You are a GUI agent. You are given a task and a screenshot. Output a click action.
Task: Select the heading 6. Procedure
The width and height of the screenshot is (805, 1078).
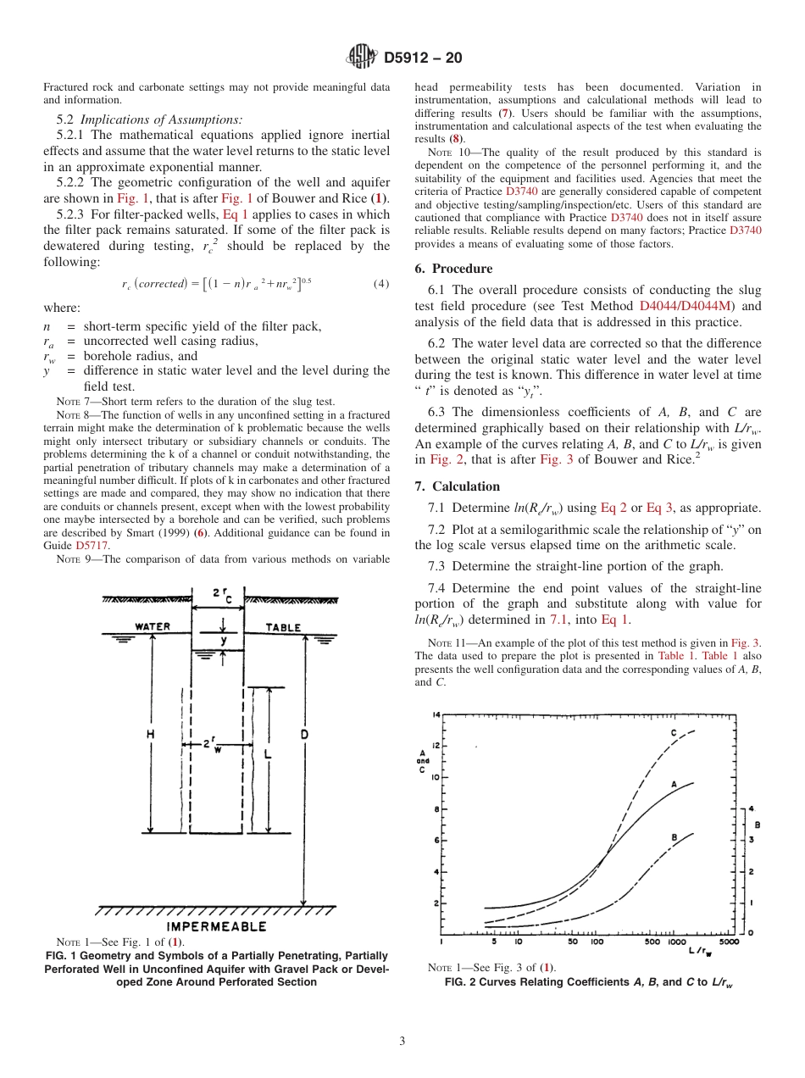pyautogui.click(x=453, y=269)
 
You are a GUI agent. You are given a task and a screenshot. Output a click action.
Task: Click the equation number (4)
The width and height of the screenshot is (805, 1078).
pyautogui.click(x=381, y=283)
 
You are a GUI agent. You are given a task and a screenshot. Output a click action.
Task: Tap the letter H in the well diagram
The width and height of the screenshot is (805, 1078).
pyautogui.click(x=151, y=735)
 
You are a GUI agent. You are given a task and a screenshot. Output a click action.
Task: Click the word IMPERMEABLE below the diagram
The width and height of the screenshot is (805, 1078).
pyautogui.click(x=216, y=926)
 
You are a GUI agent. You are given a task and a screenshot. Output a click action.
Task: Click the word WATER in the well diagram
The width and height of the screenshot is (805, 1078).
pyautogui.click(x=153, y=627)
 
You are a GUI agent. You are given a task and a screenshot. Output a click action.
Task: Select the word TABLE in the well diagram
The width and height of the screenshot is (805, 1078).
pyautogui.click(x=283, y=627)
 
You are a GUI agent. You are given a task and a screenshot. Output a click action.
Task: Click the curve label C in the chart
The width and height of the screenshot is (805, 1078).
pyautogui.click(x=674, y=732)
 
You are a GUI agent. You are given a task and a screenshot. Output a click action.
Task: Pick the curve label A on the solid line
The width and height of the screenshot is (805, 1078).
pyautogui.click(x=674, y=785)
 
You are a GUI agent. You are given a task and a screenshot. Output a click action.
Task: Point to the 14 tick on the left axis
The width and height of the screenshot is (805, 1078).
pyautogui.click(x=436, y=715)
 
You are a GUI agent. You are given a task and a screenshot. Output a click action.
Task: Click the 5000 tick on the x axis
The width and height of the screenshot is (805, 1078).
pyautogui.click(x=728, y=942)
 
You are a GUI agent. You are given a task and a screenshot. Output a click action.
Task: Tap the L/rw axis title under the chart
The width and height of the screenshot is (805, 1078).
pyautogui.click(x=700, y=953)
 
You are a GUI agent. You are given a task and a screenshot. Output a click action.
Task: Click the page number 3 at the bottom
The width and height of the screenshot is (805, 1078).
pyautogui.click(x=402, y=1042)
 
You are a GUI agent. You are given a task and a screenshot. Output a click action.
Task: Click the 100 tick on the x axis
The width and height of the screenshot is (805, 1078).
pyautogui.click(x=597, y=942)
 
